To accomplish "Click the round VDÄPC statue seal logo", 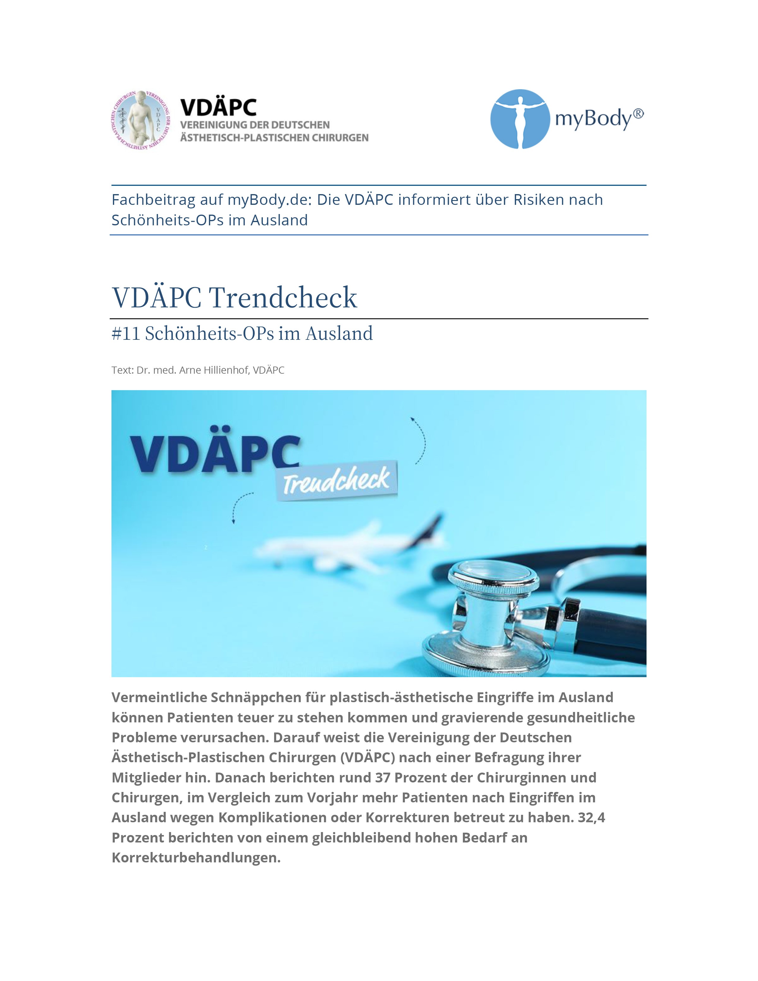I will point(141,120).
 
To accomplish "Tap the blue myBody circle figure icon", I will point(520,119).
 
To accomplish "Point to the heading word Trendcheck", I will point(283,297).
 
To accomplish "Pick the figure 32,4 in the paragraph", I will point(592,818).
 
